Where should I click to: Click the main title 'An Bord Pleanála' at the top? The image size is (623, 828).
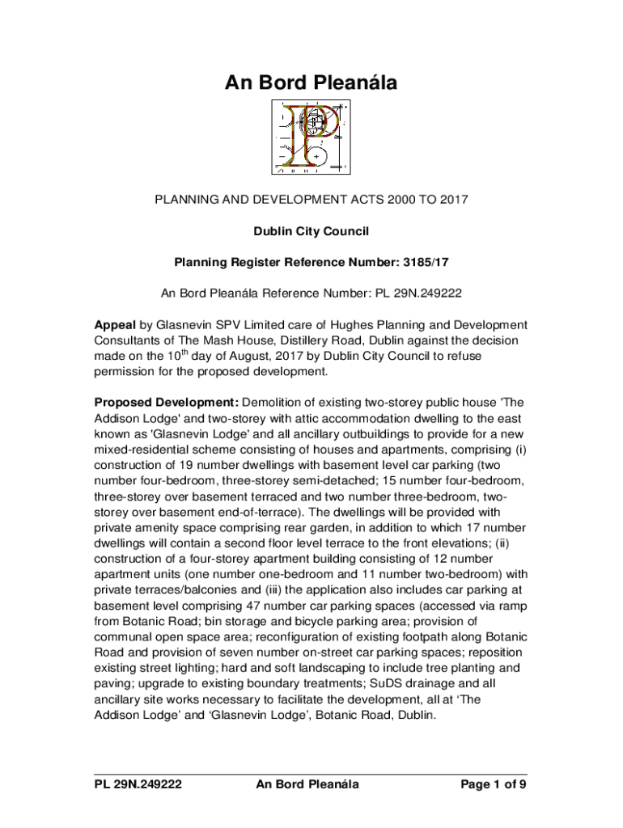311,83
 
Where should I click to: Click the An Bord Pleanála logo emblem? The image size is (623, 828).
311,137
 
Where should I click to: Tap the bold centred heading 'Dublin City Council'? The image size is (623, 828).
311,231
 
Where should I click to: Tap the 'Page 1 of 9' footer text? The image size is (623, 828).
493,784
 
